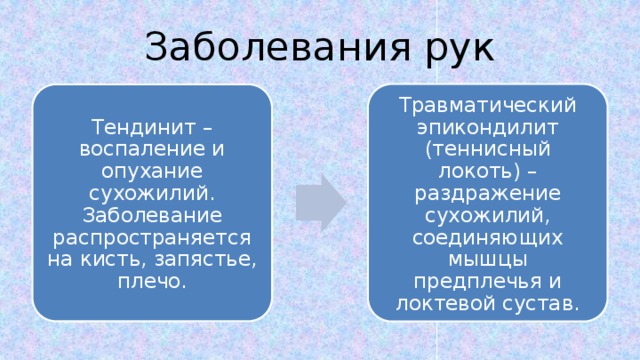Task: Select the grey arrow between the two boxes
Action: coord(319,201)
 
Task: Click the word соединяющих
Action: coord(487,237)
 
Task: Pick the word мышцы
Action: coord(487,259)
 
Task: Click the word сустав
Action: coord(536,303)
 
